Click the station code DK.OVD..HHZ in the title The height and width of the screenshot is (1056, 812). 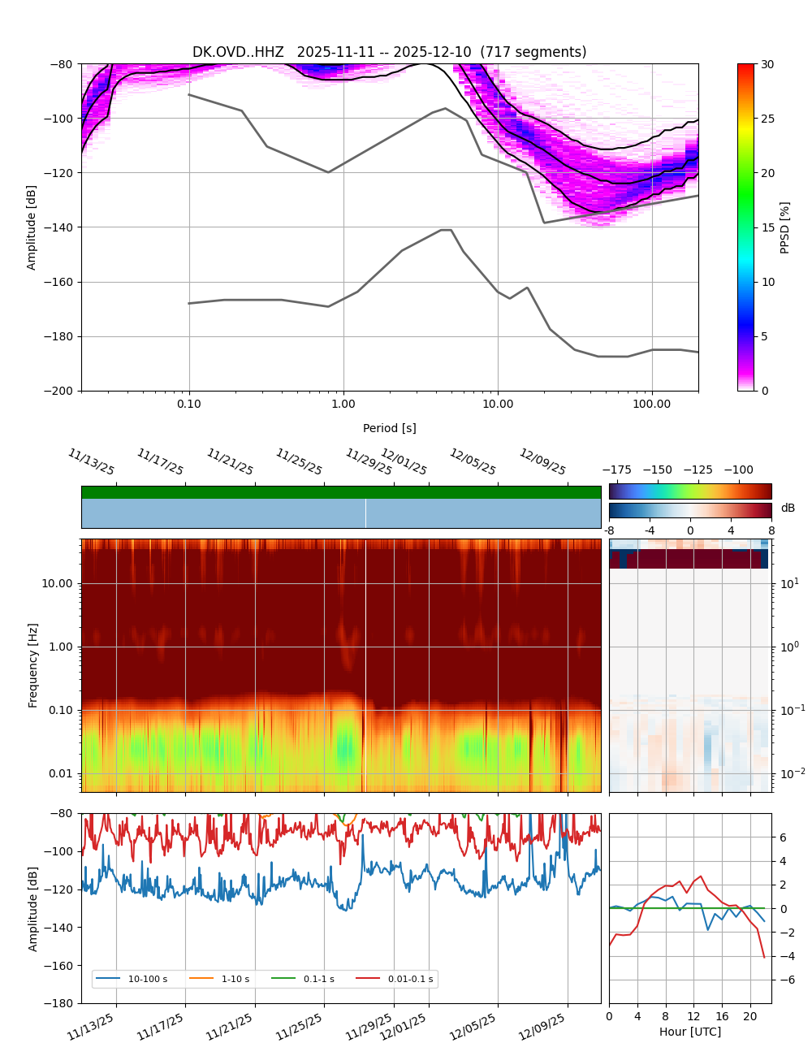click(238, 52)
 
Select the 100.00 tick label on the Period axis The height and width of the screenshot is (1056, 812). click(652, 404)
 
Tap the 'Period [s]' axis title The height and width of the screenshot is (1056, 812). click(390, 428)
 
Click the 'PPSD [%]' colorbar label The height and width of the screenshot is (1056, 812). click(785, 227)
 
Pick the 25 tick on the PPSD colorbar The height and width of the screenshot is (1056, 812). click(767, 119)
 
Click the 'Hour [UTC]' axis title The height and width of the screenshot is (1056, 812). click(689, 1032)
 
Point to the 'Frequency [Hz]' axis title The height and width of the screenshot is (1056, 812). click(33, 664)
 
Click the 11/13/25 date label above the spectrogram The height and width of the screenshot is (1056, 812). click(91, 462)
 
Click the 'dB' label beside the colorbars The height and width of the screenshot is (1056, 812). click(788, 509)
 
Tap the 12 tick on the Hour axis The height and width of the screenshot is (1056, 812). click(693, 1016)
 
